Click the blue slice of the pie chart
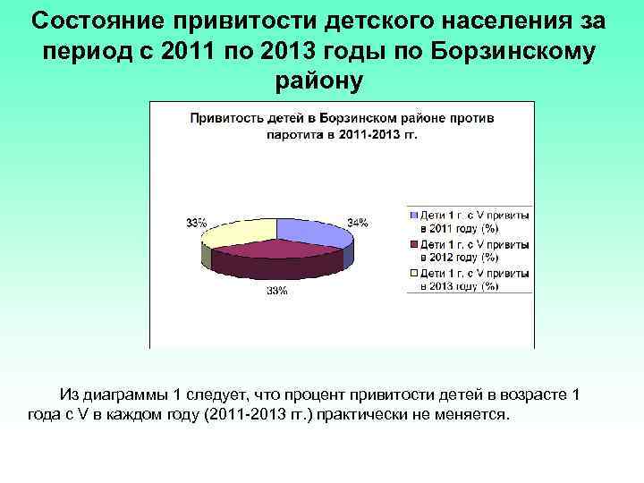tap(309, 232)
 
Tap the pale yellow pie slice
tap(240, 232)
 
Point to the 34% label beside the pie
tap(358, 223)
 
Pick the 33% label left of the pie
tap(197, 223)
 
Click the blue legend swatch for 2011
tap(413, 216)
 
